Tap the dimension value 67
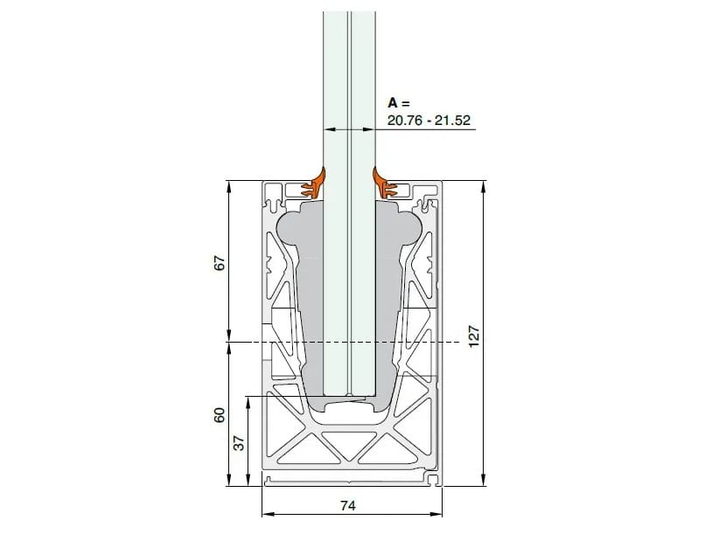click(220, 262)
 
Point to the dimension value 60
click(220, 414)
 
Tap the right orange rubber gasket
click(386, 184)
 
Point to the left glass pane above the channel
click(336, 87)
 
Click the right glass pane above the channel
click(364, 87)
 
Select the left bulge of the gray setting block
click(289, 229)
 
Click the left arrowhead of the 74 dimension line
click(266, 515)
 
